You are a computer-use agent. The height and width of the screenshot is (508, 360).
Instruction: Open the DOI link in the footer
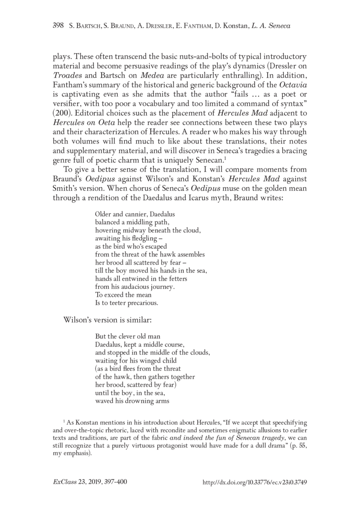coord(255,482)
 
